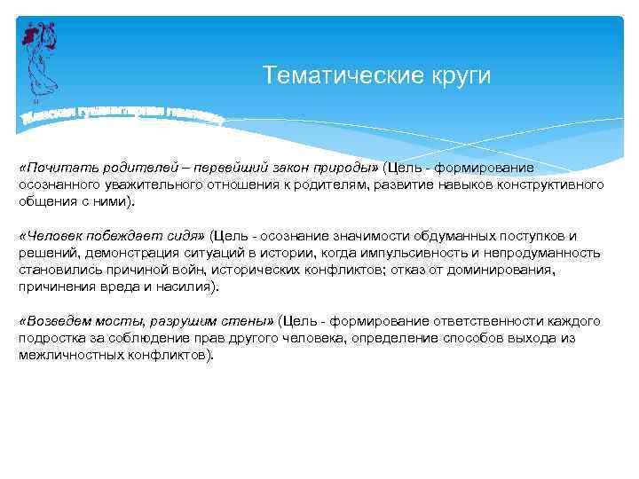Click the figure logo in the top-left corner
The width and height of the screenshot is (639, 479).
[41, 58]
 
